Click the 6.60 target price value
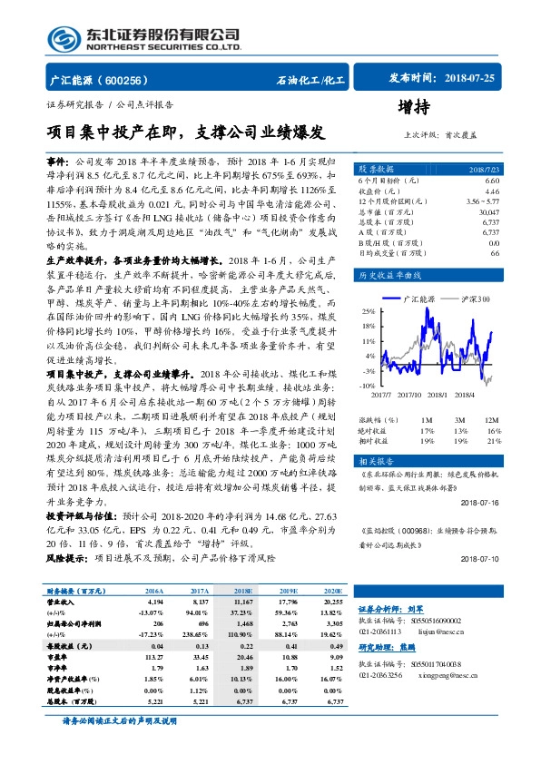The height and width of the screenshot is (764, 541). (x=492, y=181)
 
